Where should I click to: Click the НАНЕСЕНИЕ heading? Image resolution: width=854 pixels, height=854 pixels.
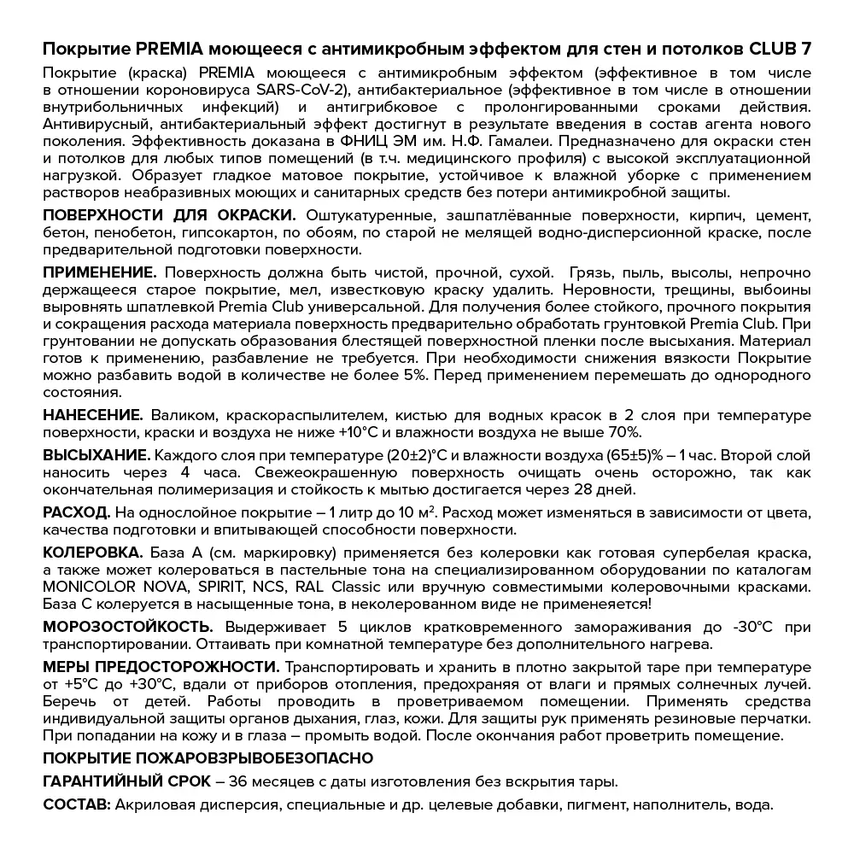tap(93, 415)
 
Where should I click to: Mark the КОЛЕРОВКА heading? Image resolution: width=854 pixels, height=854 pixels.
tap(93, 552)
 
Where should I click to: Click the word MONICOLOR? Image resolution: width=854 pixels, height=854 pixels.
tap(91, 587)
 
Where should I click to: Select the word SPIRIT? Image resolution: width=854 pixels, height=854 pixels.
tap(218, 587)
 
